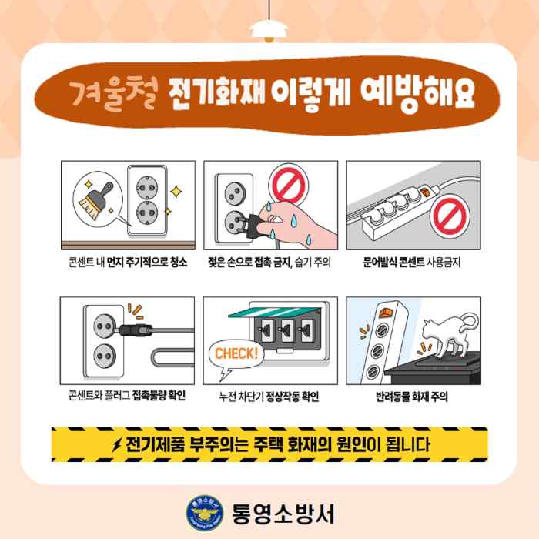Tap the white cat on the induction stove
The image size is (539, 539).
(x=447, y=335)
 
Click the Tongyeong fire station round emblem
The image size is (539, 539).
(x=205, y=514)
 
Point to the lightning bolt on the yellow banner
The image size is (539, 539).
(x=117, y=445)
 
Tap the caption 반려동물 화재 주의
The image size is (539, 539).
(x=412, y=397)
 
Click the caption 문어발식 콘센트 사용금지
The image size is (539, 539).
(x=412, y=263)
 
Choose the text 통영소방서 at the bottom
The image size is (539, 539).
(x=283, y=514)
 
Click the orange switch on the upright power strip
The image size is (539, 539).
(x=386, y=312)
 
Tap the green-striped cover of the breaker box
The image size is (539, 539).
(x=274, y=312)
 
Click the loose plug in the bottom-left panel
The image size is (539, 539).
(x=135, y=330)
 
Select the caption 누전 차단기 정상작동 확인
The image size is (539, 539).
(x=269, y=397)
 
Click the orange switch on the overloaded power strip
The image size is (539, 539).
(x=426, y=192)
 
